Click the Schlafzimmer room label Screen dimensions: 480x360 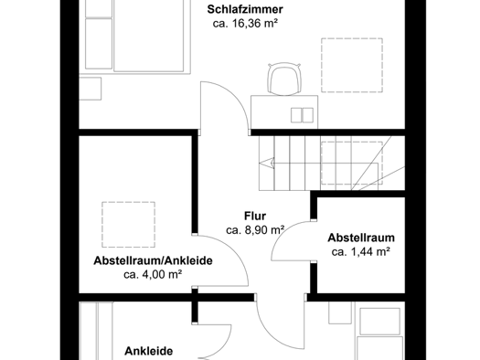pyautogui.click(x=245, y=9)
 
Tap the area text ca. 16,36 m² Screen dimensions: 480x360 pyautogui.click(x=245, y=24)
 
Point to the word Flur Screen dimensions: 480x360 pyautogui.click(x=255, y=216)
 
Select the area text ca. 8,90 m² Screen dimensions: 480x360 pyautogui.click(x=255, y=230)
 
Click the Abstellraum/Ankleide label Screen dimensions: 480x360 pyautogui.click(x=153, y=260)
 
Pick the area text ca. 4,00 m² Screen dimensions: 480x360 pyautogui.click(x=153, y=275)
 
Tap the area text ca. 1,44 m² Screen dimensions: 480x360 pyautogui.click(x=361, y=252)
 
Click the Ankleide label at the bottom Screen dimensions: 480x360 pyautogui.click(x=149, y=351)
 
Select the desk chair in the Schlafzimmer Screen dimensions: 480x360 pyautogui.click(x=284, y=79)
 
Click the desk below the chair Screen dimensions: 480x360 pyautogui.click(x=284, y=112)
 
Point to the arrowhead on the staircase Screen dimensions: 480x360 pyautogui.click(x=267, y=163)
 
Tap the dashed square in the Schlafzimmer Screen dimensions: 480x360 pyautogui.click(x=352, y=65)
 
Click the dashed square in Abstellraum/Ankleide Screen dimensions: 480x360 pyautogui.click(x=129, y=225)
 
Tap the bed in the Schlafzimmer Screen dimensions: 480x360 pyautogui.click(x=134, y=37)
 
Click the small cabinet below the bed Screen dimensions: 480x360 pyautogui.click(x=91, y=89)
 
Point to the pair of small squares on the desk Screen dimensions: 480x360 pyautogui.click(x=302, y=115)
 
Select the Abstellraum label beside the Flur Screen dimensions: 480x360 pyautogui.click(x=361, y=238)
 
